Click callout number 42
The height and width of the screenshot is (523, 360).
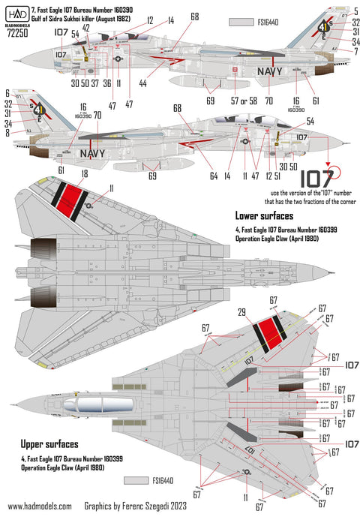pyautogui.click(x=86, y=28)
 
